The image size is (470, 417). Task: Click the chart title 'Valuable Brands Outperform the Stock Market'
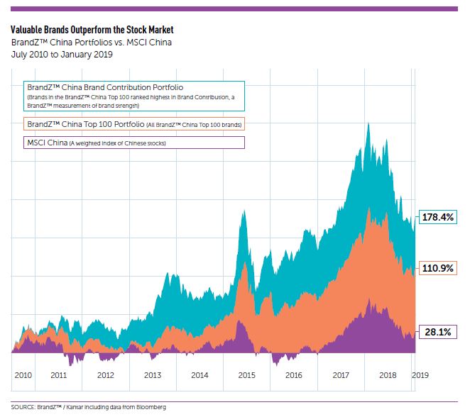tap(92, 30)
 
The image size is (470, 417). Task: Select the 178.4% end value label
tap(437, 217)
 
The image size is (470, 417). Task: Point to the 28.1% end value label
tap(437, 332)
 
